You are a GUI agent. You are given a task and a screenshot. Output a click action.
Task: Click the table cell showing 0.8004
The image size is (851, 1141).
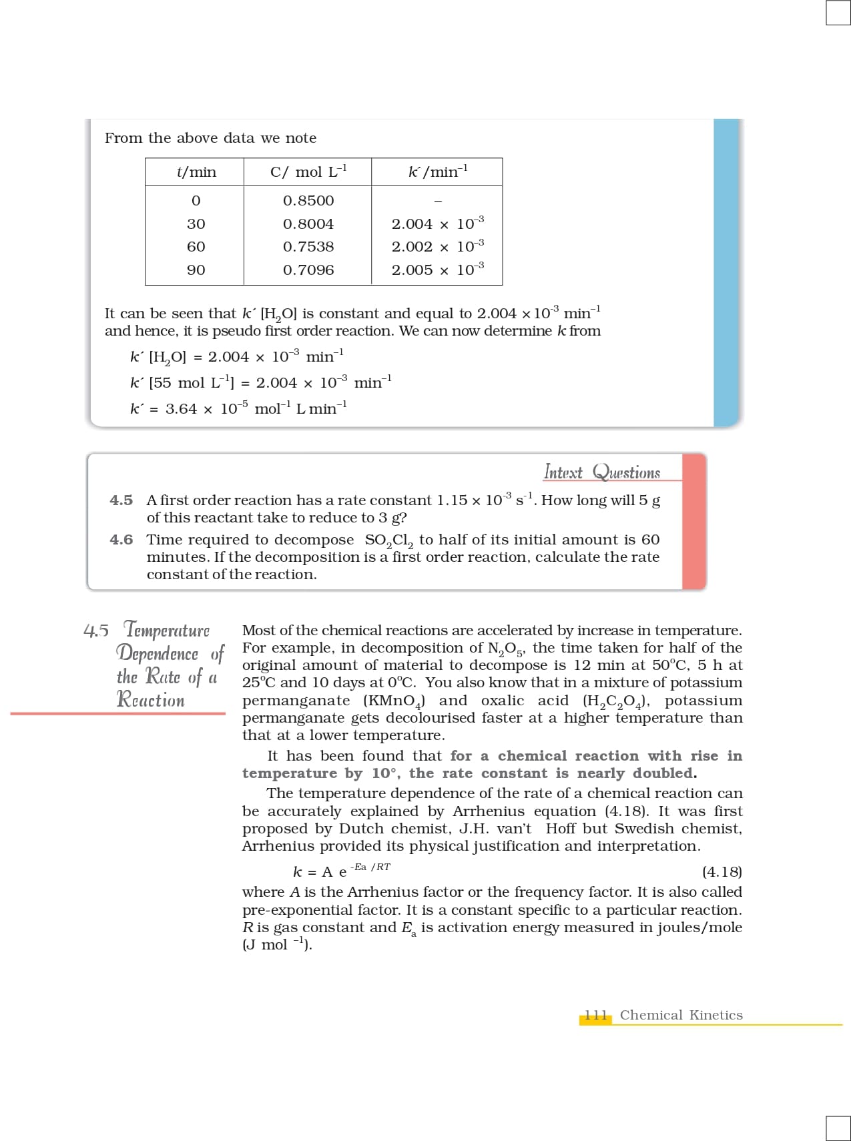pyautogui.click(x=308, y=224)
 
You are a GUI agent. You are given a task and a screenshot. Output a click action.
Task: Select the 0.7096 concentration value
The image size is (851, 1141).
pyautogui.click(x=308, y=270)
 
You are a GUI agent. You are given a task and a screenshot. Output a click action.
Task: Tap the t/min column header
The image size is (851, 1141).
pyautogui.click(x=196, y=172)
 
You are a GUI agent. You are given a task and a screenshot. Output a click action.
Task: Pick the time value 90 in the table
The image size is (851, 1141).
pyautogui.click(x=196, y=270)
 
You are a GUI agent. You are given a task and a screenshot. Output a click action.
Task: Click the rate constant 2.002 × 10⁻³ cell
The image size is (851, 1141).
pyautogui.click(x=437, y=247)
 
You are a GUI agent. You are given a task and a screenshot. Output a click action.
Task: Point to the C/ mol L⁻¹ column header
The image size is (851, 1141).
pyautogui.click(x=308, y=172)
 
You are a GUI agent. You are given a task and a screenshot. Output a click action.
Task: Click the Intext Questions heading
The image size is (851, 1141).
pyautogui.click(x=602, y=472)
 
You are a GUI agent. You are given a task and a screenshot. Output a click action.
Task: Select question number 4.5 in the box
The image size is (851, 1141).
pyautogui.click(x=121, y=500)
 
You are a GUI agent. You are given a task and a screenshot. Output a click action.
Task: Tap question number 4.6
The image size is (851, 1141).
pyautogui.click(x=121, y=540)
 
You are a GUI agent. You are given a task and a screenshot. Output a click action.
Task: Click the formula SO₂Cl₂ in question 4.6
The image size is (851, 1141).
pyautogui.click(x=389, y=540)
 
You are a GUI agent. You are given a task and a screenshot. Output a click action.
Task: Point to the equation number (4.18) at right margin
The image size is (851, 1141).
pyautogui.click(x=722, y=872)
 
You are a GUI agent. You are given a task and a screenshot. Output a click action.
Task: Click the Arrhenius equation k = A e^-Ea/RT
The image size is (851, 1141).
pyautogui.click(x=341, y=871)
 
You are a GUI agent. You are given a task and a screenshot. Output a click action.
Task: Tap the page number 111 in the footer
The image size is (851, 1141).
pyautogui.click(x=595, y=1016)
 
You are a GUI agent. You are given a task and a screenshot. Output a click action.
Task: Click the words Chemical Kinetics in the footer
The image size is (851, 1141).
pyautogui.click(x=681, y=1016)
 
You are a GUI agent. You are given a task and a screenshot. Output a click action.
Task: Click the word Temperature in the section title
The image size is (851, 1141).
pyautogui.click(x=167, y=630)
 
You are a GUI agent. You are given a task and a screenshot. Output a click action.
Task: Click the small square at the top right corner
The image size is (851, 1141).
pyautogui.click(x=838, y=13)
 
